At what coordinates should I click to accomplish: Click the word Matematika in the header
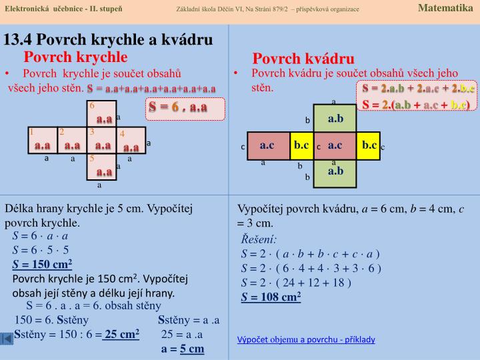445,8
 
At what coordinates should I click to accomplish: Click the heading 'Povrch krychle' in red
75,57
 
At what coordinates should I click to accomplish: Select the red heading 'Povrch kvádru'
303,59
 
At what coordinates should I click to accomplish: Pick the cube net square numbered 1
42,141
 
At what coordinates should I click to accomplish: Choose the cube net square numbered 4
131,141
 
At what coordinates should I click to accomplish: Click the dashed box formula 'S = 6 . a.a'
178,107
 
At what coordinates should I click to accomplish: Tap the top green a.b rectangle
335,118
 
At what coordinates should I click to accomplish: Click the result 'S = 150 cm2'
42,263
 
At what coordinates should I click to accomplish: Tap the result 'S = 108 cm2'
271,297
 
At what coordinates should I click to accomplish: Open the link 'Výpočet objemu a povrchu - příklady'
306,339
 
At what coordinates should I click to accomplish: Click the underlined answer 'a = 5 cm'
182,349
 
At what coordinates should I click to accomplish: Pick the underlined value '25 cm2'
121,334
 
